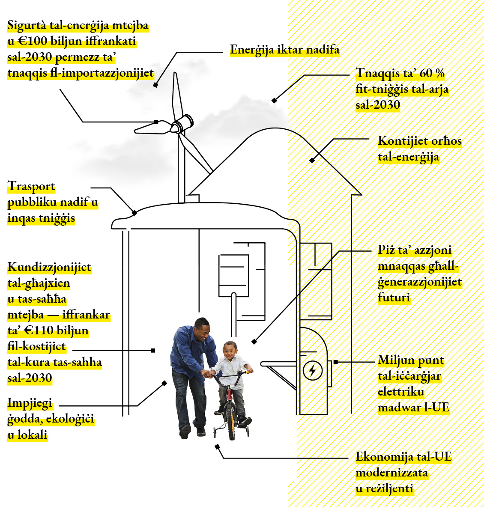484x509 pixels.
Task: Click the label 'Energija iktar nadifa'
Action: tap(284, 50)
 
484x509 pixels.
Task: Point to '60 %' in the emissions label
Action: tap(432, 73)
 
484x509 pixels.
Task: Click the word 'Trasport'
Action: tap(32, 186)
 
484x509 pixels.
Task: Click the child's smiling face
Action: tap(230, 352)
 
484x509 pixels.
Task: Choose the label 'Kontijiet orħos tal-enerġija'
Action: tap(419, 149)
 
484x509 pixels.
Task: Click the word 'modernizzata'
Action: tap(391, 473)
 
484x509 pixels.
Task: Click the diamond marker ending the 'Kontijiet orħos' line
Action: tap(312, 161)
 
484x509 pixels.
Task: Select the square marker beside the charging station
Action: tap(335, 362)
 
